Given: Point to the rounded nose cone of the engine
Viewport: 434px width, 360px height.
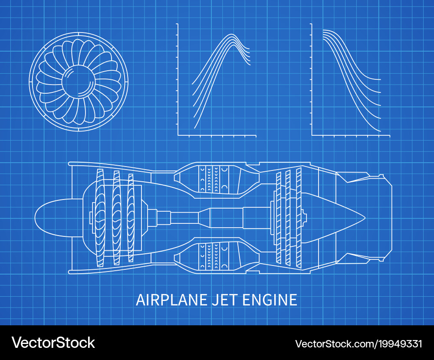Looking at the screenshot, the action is click(x=48, y=217).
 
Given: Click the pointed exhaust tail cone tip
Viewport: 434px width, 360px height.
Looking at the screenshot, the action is click(x=365, y=217).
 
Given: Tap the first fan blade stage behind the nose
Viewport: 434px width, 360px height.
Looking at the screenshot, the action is click(x=100, y=217).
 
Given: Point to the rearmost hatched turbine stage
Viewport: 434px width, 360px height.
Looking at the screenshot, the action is click(x=299, y=217).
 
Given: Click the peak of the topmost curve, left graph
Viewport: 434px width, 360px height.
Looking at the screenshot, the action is click(x=232, y=34).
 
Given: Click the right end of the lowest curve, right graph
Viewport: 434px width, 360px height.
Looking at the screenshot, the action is click(x=380, y=131).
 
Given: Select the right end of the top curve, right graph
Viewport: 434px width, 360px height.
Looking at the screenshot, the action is click(x=380, y=80).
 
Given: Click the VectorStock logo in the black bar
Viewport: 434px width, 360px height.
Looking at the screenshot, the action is click(x=53, y=343).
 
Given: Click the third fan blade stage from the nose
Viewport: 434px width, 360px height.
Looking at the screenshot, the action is click(x=131, y=217).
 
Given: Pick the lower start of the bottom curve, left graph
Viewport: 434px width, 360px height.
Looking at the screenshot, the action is click(x=194, y=128).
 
